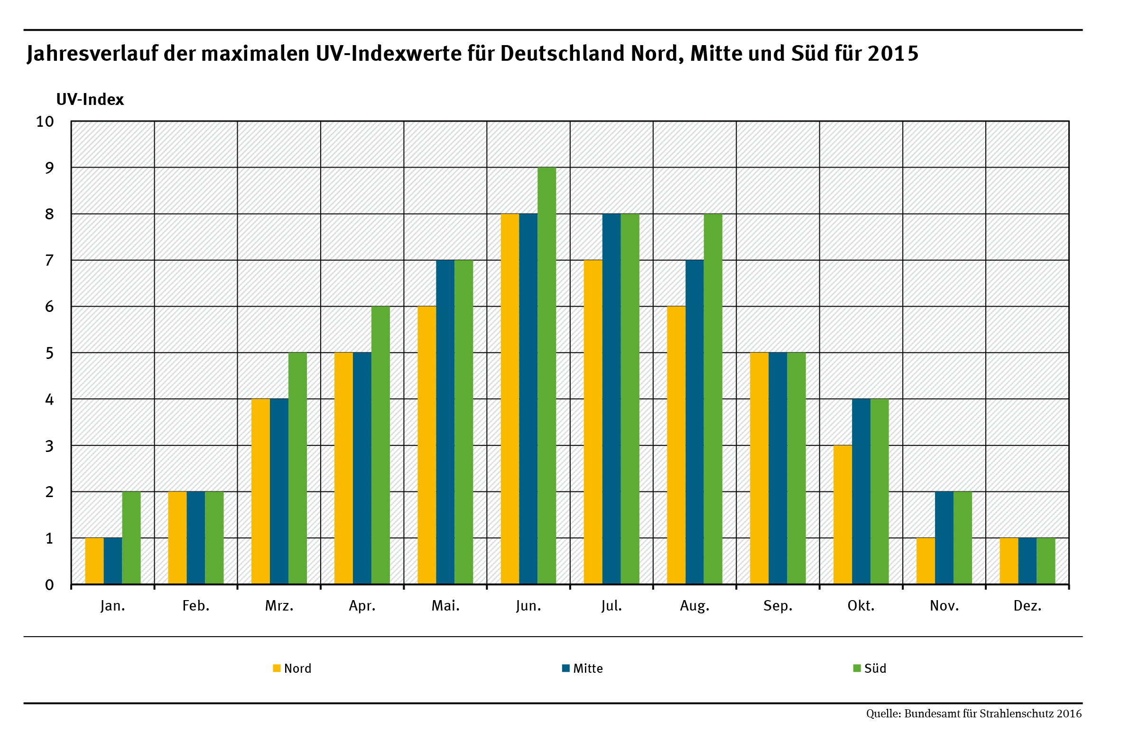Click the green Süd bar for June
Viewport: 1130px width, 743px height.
pyautogui.click(x=546, y=376)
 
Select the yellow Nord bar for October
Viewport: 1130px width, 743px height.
pyautogui.click(x=842, y=515)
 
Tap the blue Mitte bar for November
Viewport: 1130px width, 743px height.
pyautogui.click(x=944, y=537)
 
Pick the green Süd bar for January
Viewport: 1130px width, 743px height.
pyautogui.click(x=131, y=537)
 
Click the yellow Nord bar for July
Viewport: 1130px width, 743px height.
pyautogui.click(x=593, y=422)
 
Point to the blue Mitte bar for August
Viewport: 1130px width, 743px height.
pyautogui.click(x=695, y=422)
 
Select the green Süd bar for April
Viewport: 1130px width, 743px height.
pyautogui.click(x=380, y=445)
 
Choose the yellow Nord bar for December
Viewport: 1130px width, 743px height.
pyautogui.click(x=1009, y=561)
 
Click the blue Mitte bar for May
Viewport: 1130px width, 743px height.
pyautogui.click(x=445, y=422)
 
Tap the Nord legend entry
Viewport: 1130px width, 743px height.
pyautogui.click(x=293, y=668)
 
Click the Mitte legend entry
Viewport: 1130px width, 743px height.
pyautogui.click(x=583, y=668)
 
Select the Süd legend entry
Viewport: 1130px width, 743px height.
pyautogui.click(x=870, y=668)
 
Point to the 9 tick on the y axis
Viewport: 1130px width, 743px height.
pyautogui.click(x=49, y=168)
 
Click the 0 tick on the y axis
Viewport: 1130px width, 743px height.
pyautogui.click(x=49, y=585)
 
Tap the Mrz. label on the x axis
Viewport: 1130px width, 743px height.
pyautogui.click(x=279, y=606)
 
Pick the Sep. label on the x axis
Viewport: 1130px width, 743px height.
pyautogui.click(x=778, y=606)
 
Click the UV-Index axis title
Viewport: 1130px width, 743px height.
pyautogui.click(x=90, y=100)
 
